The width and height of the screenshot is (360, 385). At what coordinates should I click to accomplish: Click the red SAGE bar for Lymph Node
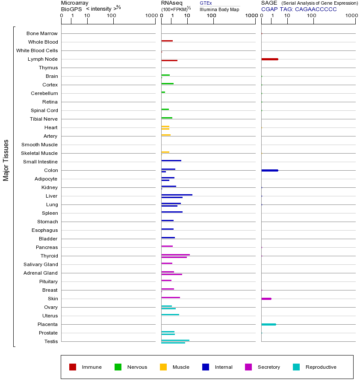click(269, 59)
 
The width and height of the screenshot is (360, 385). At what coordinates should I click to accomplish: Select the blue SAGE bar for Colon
click(269, 170)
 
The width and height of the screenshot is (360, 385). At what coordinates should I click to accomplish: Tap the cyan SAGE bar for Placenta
click(269, 324)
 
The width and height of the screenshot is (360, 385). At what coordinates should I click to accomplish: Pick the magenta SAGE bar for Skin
click(266, 299)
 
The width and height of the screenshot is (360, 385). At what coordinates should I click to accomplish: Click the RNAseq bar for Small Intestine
click(171, 160)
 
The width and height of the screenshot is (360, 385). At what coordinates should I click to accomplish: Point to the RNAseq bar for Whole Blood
click(167, 41)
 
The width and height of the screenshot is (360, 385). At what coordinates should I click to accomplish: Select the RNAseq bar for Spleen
click(172, 212)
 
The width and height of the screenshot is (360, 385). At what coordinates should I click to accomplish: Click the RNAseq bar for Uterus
click(170, 314)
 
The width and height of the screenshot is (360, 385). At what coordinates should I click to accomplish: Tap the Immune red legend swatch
click(73, 367)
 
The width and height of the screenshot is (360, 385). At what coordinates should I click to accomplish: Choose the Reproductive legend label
click(321, 367)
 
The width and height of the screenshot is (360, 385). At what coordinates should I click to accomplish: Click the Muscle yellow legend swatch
click(163, 367)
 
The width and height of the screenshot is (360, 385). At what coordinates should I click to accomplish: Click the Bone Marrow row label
click(42, 33)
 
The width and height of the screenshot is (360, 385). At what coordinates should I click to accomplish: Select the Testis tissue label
click(51, 341)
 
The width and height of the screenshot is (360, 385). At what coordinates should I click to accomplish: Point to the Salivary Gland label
click(42, 264)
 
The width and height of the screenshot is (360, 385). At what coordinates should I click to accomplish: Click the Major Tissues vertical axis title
click(6, 160)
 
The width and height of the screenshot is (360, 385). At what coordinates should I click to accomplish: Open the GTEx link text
click(206, 3)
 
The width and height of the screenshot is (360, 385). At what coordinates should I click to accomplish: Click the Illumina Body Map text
click(219, 9)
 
